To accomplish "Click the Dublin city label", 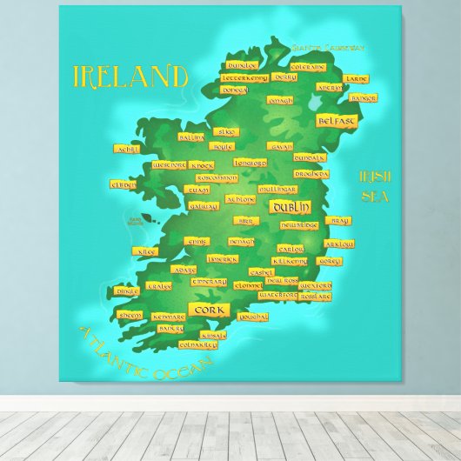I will click(x=290, y=207).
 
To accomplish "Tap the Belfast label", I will click(x=337, y=121).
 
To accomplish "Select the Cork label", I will click(x=210, y=310).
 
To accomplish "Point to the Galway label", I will click(x=203, y=206).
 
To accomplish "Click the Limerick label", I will click(x=223, y=258).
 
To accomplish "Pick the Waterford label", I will click(x=278, y=295).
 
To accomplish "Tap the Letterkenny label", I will click(x=245, y=77).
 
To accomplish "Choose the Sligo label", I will click(x=224, y=131).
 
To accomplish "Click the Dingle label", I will click(x=127, y=291).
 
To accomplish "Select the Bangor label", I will click(x=364, y=98).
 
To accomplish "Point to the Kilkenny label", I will click(x=289, y=261).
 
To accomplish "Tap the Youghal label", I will click(x=252, y=317).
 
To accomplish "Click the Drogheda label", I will click(x=311, y=173).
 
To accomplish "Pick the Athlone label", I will click(x=241, y=199).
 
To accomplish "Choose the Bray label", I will click(x=337, y=220).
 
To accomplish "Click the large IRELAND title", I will click(x=130, y=77).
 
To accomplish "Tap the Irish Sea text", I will click(x=375, y=186).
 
